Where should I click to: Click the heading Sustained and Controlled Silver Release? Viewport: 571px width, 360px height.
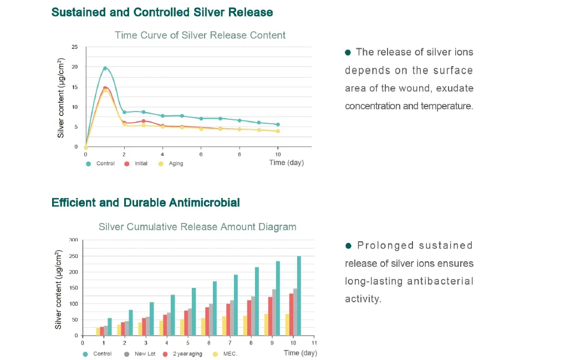pos(162,12)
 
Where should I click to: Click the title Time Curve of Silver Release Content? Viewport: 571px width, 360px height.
pos(200,35)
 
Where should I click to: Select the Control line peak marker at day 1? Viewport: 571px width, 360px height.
pos(105,68)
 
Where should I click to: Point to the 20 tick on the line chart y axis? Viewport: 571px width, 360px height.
pos(75,67)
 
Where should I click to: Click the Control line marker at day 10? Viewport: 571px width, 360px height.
pos(278,124)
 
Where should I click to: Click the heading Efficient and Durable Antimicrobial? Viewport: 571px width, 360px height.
pos(146,202)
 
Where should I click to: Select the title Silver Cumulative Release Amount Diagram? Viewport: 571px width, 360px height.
pos(197,227)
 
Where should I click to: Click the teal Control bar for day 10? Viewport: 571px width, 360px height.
pos(299,296)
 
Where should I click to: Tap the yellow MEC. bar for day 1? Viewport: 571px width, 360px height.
pos(98,331)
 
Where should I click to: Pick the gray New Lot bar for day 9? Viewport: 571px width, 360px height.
pos(274,312)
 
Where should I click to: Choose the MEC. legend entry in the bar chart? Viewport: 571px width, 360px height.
pos(228,353)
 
